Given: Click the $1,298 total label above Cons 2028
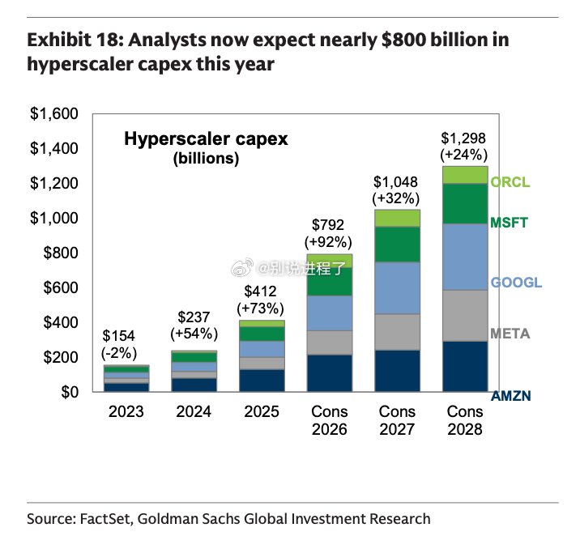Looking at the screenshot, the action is [x=463, y=138].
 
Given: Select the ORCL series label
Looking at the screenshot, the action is [x=510, y=182].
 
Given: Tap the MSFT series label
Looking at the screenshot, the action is [x=509, y=223].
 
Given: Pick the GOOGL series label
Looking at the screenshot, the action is [x=516, y=283].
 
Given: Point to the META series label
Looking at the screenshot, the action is [x=510, y=334].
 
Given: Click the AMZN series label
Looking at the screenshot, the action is [x=511, y=396].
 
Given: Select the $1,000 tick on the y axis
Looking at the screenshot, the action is [x=54, y=218].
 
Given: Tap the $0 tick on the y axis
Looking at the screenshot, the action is [x=70, y=392].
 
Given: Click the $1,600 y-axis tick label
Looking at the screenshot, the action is [x=54, y=114].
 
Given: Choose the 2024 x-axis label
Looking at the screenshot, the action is [x=194, y=411].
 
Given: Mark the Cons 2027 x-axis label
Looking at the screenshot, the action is [x=397, y=420].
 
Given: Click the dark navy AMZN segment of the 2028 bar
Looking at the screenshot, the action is [x=465, y=366].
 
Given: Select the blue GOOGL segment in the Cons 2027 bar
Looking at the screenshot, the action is [x=397, y=288].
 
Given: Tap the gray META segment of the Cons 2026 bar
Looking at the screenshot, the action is [x=330, y=342].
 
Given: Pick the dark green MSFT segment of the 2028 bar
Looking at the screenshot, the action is [x=465, y=204].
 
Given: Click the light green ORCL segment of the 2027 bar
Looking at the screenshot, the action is [x=397, y=219].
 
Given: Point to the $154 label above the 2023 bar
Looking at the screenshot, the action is [x=119, y=336].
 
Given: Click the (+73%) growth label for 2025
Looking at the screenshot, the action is [x=260, y=308].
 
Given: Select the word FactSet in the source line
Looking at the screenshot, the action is [x=105, y=519].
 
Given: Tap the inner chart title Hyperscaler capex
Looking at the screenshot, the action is [x=206, y=139].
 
